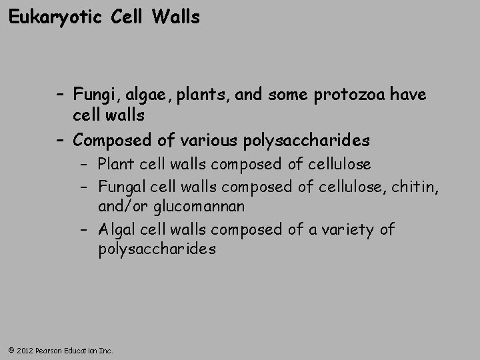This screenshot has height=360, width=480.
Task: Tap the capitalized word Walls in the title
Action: [174, 16]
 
